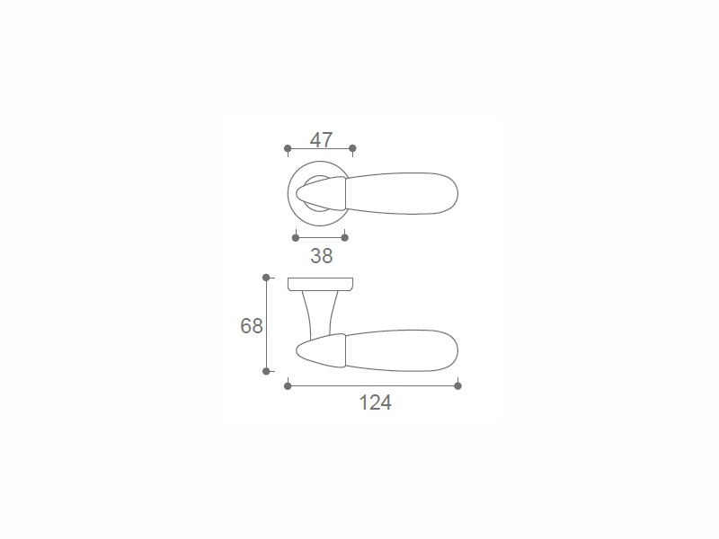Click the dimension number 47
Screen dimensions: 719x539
[321, 140]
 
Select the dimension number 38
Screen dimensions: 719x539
[322, 256]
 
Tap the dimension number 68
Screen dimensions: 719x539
[252, 326]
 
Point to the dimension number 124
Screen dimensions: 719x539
[375, 403]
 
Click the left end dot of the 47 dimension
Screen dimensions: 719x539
[288, 148]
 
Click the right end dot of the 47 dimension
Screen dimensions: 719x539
[352, 148]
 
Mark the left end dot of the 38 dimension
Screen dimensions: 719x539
[296, 237]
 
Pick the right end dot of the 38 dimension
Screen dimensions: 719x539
[345, 237]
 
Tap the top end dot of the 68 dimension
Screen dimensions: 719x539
[266, 278]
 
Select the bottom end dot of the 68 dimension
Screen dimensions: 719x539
[266, 371]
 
